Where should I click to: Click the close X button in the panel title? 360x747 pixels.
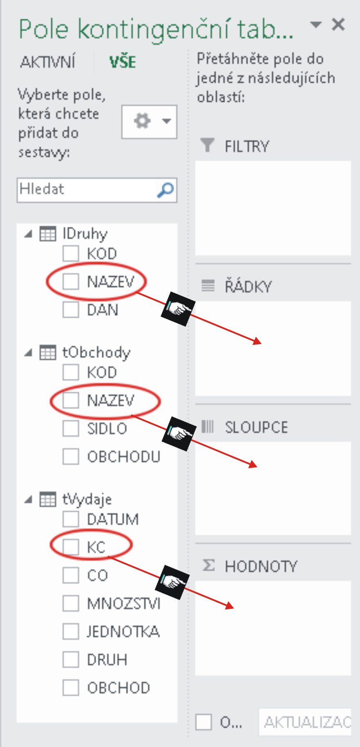[x=338, y=25]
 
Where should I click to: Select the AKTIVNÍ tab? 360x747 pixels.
[x=48, y=62]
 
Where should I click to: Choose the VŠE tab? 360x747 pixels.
[x=123, y=62]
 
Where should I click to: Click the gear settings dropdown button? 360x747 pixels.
[x=149, y=121]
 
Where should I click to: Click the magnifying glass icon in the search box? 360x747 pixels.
[x=165, y=190]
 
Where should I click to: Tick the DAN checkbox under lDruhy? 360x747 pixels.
[x=71, y=309]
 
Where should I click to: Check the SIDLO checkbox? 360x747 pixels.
[x=71, y=428]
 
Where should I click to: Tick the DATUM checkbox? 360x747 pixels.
[x=71, y=519]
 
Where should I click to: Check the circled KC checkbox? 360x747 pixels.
[x=71, y=547]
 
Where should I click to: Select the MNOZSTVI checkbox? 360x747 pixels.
[x=71, y=603]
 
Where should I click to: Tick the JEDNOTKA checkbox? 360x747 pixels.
[x=71, y=631]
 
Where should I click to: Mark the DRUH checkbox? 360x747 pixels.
[x=71, y=660]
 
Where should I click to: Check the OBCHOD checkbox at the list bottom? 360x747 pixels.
[x=71, y=687]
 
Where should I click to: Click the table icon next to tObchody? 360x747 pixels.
[x=47, y=352]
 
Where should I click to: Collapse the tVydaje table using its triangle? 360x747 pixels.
[x=28, y=499]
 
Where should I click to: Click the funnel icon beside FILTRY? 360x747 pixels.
[x=207, y=145]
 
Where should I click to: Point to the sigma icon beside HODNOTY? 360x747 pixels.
[x=208, y=566]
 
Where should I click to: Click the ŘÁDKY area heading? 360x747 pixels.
[x=248, y=286]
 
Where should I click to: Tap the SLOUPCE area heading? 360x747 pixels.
[x=256, y=427]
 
